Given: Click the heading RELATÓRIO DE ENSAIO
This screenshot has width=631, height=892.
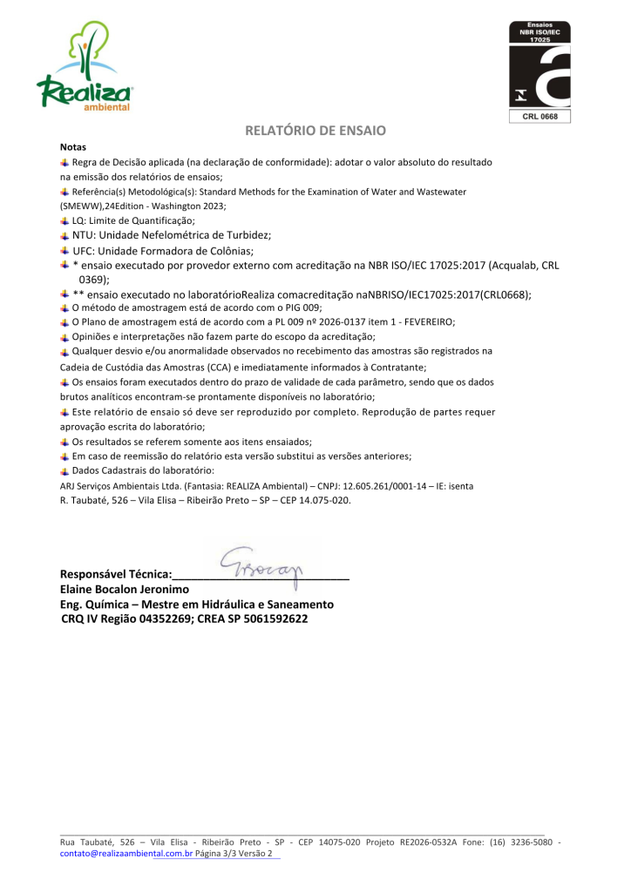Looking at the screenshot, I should pos(315,131).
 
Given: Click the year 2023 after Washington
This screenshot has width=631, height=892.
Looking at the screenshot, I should pos(212,206).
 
